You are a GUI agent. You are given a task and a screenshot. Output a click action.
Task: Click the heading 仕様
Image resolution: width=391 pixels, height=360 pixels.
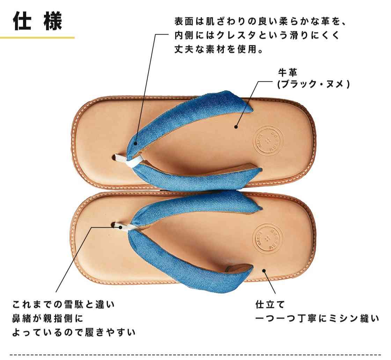point(37,21)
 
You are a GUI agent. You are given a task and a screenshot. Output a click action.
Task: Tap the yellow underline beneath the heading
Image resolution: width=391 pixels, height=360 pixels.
point(37,38)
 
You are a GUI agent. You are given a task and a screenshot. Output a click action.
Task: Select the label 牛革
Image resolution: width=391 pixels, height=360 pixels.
point(288,73)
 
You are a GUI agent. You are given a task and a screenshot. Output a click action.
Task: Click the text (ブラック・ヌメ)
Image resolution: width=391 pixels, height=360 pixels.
point(314,84)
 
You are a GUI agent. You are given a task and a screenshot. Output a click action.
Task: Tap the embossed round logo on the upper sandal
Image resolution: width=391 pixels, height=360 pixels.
point(268,141)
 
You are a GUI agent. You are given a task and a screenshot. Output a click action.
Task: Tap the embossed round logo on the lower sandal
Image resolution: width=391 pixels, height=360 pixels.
point(267,238)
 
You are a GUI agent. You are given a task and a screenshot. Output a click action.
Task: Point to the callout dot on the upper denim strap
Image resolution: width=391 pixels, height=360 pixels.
point(135,143)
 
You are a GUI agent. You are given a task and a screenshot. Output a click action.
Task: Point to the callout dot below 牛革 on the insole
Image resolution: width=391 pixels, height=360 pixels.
point(236,127)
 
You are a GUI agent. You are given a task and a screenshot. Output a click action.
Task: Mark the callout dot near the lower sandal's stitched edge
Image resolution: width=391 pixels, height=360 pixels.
point(264,271)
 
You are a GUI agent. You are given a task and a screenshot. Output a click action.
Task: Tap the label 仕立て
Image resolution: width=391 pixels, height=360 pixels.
point(270,304)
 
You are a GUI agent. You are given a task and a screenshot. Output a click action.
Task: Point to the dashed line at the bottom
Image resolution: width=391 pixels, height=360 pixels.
point(195,354)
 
